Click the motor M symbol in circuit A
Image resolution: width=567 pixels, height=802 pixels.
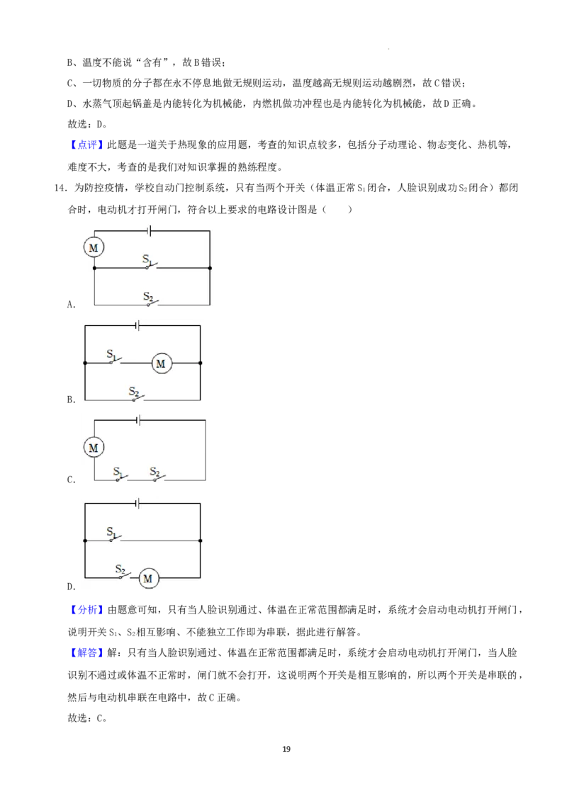pyautogui.click(x=94, y=248)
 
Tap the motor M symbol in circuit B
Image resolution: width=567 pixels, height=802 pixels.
pyautogui.click(x=161, y=363)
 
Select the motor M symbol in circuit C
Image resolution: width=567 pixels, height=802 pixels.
pyautogui.click(x=94, y=448)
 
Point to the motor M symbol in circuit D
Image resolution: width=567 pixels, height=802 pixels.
pyautogui.click(x=148, y=579)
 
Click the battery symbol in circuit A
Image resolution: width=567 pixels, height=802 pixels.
pyautogui.click(x=149, y=231)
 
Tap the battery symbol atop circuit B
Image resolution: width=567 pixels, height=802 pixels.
pyautogui.click(x=138, y=325)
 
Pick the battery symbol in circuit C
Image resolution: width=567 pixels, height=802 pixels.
pyautogui.click(x=138, y=420)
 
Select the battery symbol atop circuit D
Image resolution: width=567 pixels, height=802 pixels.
pyautogui.click(x=138, y=504)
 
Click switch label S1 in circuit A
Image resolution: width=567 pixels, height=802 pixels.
pyautogui.click(x=147, y=260)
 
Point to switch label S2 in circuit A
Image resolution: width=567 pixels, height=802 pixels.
pyautogui.click(x=148, y=297)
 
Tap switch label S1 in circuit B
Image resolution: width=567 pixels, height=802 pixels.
pyautogui.click(x=112, y=354)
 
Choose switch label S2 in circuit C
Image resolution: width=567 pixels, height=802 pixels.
pyautogui.click(x=155, y=472)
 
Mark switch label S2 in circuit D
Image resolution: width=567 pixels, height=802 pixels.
pyautogui.click(x=120, y=570)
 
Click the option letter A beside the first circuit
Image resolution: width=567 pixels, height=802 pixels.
pyautogui.click(x=71, y=305)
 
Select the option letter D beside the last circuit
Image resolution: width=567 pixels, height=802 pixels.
pyautogui.click(x=71, y=587)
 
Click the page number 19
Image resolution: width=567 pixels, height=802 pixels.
pyautogui.click(x=286, y=749)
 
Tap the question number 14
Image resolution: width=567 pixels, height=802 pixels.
pyautogui.click(x=60, y=188)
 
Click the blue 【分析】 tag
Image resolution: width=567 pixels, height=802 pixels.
pyautogui.click(x=85, y=610)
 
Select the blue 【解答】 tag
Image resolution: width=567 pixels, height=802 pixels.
pyautogui.click(x=85, y=653)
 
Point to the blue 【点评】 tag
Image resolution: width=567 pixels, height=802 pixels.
pyautogui.click(x=85, y=145)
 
